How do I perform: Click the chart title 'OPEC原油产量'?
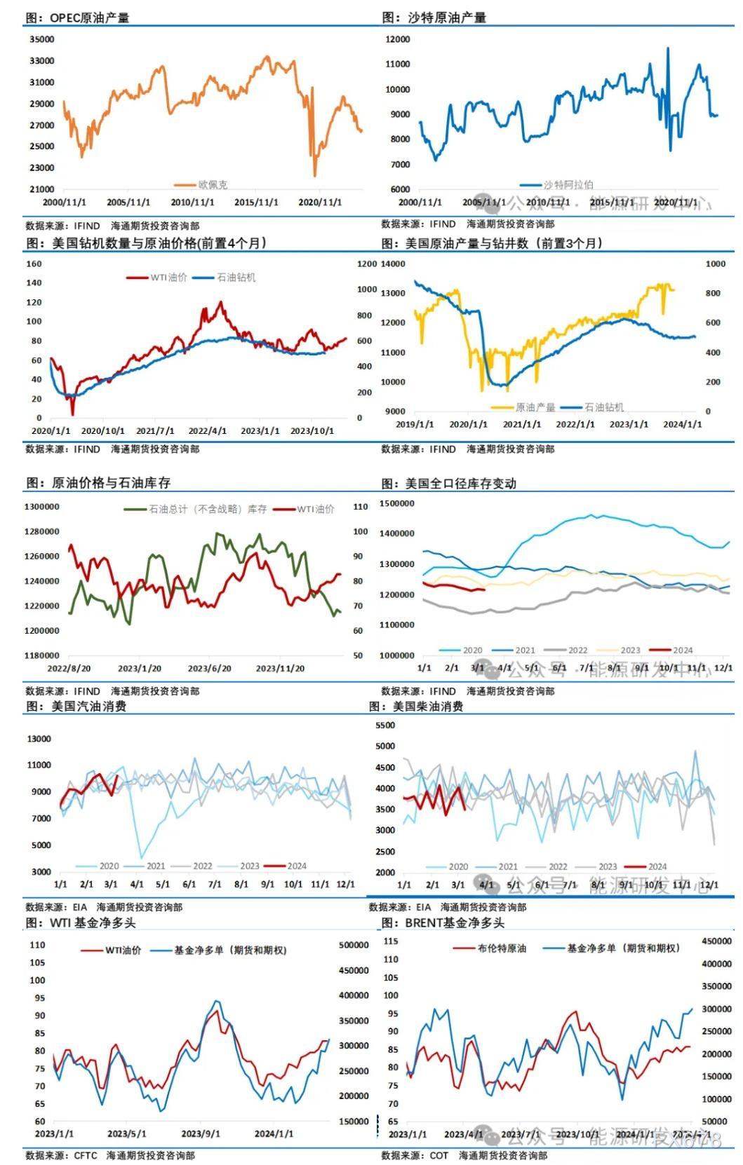coord(89,18)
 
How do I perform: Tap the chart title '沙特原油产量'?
coord(446,18)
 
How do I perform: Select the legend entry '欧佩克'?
coord(213,185)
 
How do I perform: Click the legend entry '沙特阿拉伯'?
coord(568,185)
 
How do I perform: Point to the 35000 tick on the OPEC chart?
coord(42,40)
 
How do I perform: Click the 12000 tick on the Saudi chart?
coord(398,39)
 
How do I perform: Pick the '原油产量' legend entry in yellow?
coord(535,407)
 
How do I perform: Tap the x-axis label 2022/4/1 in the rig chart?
coord(208,431)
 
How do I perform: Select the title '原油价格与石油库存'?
coord(111,483)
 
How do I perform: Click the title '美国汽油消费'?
coord(89,707)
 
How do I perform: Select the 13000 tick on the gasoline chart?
coord(39,739)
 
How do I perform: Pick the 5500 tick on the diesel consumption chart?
coord(386,725)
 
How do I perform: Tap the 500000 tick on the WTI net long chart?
coord(354,946)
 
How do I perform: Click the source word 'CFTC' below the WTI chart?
coord(86,1155)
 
